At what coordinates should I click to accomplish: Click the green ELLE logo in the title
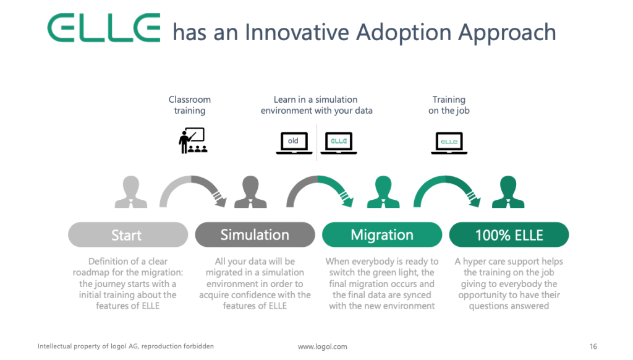click(104, 27)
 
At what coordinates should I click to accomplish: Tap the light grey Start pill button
click(128, 235)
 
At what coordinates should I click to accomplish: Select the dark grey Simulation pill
click(255, 235)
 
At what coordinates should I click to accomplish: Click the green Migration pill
click(382, 235)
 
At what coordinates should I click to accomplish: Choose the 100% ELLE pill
click(509, 235)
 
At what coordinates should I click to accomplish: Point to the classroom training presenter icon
click(193, 140)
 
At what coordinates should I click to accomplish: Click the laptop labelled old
click(294, 143)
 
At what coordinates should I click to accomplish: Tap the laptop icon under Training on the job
click(449, 143)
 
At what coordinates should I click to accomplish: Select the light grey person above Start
click(131, 192)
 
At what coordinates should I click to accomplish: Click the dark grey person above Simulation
click(250, 192)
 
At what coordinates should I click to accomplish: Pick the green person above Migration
click(383, 192)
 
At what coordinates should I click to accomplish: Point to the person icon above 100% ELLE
click(508, 192)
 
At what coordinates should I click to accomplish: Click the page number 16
click(593, 346)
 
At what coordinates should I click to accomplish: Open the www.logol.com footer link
click(323, 346)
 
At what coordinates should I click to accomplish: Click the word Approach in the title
click(507, 33)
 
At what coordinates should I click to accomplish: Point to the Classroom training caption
click(190, 105)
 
